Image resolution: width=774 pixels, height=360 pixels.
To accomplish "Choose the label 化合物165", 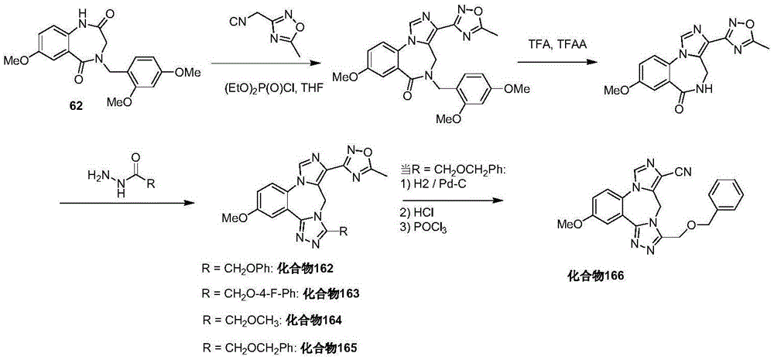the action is [329, 347].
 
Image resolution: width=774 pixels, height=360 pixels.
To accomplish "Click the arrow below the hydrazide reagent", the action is [126, 202].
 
